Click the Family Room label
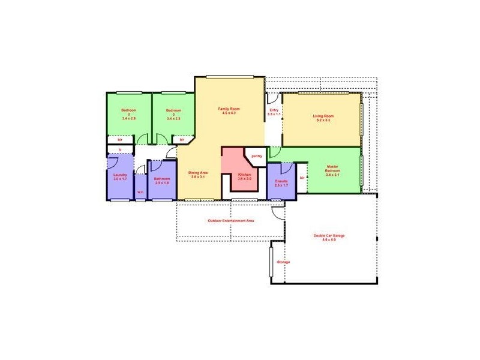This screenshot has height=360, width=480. (228, 110)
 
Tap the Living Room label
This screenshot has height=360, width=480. (322, 118)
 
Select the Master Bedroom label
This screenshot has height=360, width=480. (333, 172)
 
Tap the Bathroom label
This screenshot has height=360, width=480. (162, 180)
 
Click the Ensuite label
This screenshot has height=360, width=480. (281, 182)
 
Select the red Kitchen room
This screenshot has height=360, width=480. (237, 174)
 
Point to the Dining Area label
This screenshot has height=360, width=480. (198, 175)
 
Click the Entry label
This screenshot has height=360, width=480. (274, 112)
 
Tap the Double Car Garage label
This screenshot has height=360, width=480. (329, 238)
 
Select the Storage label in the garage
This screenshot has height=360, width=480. (283, 262)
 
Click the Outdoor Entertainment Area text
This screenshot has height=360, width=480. (231, 221)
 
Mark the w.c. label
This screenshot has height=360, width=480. (140, 192)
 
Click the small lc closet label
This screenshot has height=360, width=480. (120, 149)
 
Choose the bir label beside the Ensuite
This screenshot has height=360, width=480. (301, 178)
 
